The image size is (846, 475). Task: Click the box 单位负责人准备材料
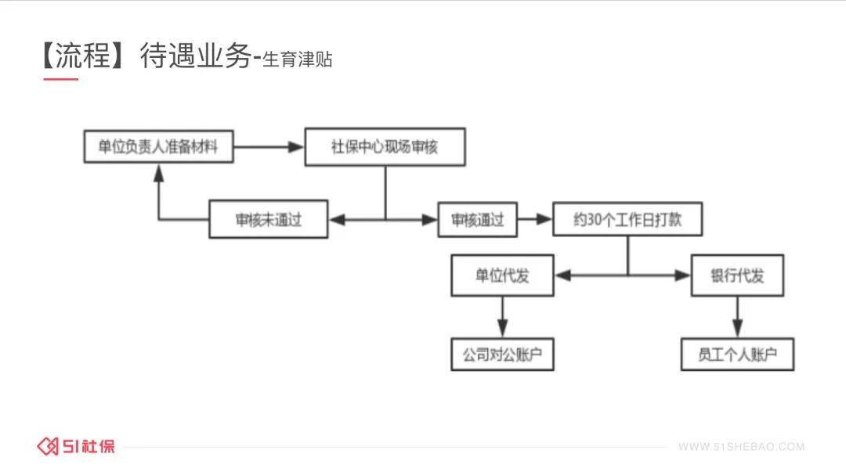pos(159,146)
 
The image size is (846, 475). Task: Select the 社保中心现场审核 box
pos(385,147)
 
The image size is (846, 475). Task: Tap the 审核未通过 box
pos(269,220)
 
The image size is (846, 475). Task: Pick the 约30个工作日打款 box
pos(627,219)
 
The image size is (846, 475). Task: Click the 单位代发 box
pos(502,275)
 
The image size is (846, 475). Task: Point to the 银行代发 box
pos(737,275)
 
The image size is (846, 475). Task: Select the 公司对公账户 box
pos(502,354)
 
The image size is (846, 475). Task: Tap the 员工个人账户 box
pos(737,354)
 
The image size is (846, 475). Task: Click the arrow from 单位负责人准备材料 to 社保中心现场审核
pos(269,146)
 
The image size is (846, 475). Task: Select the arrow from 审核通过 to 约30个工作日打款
pos(534,220)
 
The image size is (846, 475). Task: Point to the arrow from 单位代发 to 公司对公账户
pos(502,316)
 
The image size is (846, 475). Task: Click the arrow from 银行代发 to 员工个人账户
pos(737,316)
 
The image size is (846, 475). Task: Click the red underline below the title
pos(60,79)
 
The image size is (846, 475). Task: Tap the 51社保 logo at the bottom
pos(76,446)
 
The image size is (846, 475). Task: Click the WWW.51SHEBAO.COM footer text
pos(741,447)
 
